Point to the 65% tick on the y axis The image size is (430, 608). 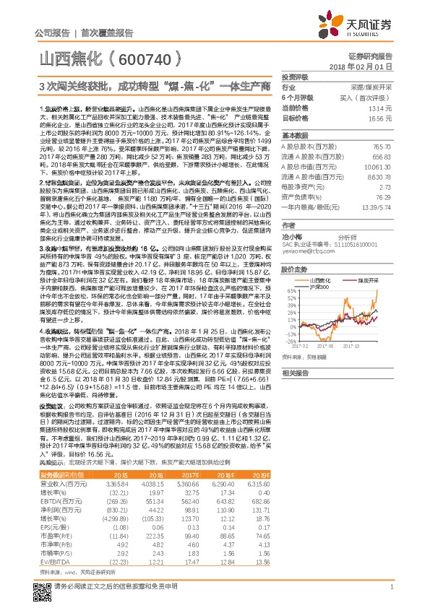[288, 292]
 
